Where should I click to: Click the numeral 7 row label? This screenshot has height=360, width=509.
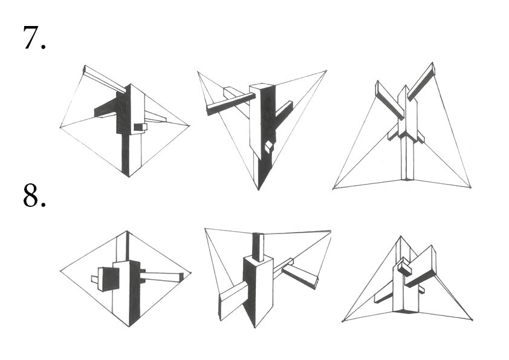pos(34,38)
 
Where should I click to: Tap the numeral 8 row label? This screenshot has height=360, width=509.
pos(34,195)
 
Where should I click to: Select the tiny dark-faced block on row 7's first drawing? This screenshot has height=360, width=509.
pos(140,127)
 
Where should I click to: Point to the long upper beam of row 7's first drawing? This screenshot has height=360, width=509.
pos(104,79)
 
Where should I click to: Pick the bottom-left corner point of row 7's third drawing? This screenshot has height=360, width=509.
pos(334,189)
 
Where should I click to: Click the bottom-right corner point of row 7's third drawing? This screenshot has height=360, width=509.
pos(470,187)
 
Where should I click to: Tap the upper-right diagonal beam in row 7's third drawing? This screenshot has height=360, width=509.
pos(421,81)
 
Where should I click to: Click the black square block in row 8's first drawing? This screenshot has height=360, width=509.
pos(109,279)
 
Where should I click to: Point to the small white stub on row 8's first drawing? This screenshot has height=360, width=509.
pos(94,280)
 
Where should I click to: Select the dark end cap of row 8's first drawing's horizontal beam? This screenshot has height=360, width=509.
pos(180,277)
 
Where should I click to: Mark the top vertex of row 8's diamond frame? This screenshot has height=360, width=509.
pos(127,231)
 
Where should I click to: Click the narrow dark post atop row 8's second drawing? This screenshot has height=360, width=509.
pos(257,246)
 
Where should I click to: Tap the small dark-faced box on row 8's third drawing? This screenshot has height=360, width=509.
pos(404,268)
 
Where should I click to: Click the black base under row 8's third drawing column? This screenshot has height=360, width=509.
pos(407,310)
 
